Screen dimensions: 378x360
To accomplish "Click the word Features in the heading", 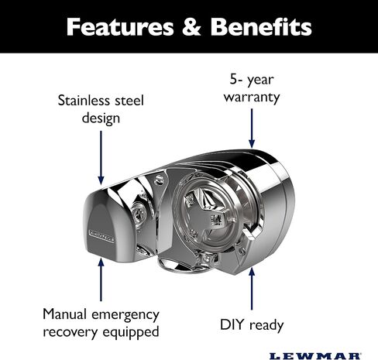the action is (120, 27).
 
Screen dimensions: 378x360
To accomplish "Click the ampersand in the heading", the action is (191, 27).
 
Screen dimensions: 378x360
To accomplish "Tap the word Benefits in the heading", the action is (261, 26).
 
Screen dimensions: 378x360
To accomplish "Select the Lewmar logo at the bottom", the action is (315, 356).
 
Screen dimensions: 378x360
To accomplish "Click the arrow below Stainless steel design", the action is (101, 158).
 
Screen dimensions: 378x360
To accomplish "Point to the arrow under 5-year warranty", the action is (252, 129).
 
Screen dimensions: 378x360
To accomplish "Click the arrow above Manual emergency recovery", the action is (101, 279).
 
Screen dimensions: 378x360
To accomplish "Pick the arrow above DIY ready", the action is (252, 289).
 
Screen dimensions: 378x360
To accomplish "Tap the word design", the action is (101, 118).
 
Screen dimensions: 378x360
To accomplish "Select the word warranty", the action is (252, 98).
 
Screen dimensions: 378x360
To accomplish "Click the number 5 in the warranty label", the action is (233, 79).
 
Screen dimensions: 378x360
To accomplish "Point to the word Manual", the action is (65, 314).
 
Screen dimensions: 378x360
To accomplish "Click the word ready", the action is (266, 326).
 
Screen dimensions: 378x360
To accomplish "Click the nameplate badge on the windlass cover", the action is (101, 236).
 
